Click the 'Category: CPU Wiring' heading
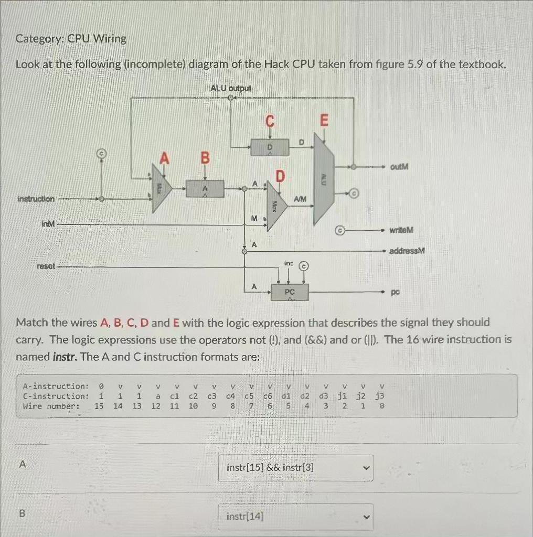71,39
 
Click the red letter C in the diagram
270,122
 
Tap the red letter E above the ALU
324,121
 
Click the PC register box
290,292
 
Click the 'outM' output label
399,167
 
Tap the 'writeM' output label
402,230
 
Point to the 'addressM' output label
407,251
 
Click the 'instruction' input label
36,199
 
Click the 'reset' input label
46,266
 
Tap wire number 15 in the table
99,406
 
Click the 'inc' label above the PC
288,262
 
